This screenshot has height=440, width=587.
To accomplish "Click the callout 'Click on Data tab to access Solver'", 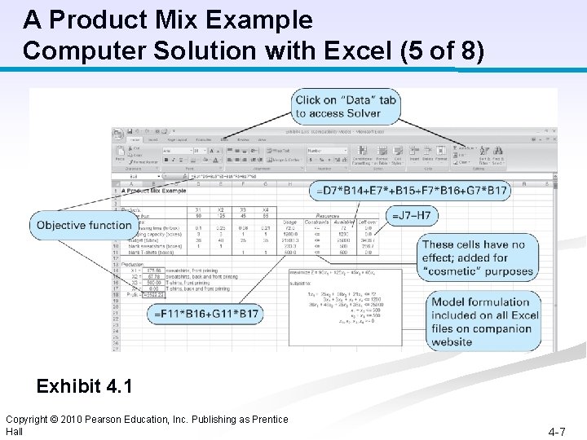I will click(346, 107).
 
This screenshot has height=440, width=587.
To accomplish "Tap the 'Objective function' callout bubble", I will click(84, 225).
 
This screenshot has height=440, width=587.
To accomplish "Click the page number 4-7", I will click(557, 430).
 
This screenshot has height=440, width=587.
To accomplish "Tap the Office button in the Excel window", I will click(119, 134).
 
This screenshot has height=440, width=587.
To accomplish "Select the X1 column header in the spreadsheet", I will click(198, 209).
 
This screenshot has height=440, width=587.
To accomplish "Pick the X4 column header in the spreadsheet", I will click(264, 209).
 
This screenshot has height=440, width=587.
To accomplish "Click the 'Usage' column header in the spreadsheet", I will click(290, 222).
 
